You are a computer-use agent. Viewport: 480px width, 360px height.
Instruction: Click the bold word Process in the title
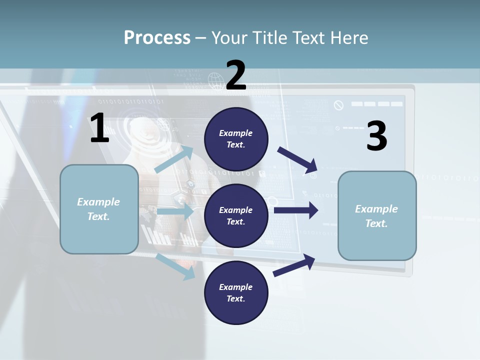157,37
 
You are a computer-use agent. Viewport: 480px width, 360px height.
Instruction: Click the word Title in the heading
268,37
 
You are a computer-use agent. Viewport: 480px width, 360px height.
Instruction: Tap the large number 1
99,128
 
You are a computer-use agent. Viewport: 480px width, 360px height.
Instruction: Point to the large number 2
236,75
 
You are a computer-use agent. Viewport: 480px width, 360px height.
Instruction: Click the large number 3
376,136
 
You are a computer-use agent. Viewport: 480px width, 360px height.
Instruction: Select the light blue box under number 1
99,209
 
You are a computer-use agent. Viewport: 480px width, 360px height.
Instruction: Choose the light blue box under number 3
377,216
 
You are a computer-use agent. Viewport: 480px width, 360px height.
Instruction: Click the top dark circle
236,139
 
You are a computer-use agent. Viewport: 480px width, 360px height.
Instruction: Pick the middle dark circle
236,215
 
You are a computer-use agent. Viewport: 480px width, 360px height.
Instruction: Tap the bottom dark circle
236,292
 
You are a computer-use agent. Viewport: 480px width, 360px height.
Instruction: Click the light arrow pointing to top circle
174,159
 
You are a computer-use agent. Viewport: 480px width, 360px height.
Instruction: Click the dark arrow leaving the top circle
297,159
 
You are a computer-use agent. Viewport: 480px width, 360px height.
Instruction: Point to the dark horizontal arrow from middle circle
296,210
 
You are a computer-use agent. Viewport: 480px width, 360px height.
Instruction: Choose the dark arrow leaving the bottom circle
294,265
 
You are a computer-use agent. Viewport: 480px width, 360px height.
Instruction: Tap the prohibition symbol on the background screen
339,105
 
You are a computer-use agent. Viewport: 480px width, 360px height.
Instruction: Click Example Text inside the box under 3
376,216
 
